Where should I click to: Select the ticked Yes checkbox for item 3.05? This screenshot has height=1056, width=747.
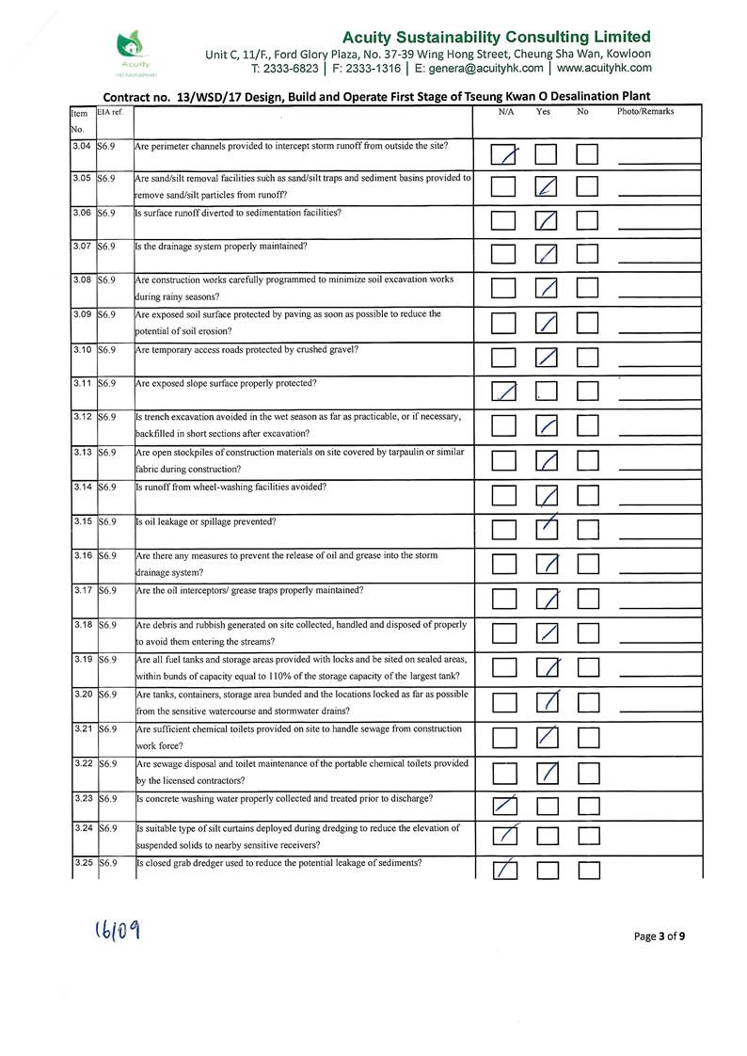pos(547,187)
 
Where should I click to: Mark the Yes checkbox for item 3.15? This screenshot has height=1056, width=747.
pos(547,529)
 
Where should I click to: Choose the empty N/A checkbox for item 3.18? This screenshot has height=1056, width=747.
pos(504,633)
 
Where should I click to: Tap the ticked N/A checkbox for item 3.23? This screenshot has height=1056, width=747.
pos(504,807)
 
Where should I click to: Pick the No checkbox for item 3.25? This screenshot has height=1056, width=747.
pos(589,870)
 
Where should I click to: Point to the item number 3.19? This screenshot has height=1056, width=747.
pos(81,660)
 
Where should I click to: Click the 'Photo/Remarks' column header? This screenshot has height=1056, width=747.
pos(645,112)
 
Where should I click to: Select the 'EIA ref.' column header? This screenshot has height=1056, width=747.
pos(110,112)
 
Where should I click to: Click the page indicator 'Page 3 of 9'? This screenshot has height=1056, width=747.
pos(660,936)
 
